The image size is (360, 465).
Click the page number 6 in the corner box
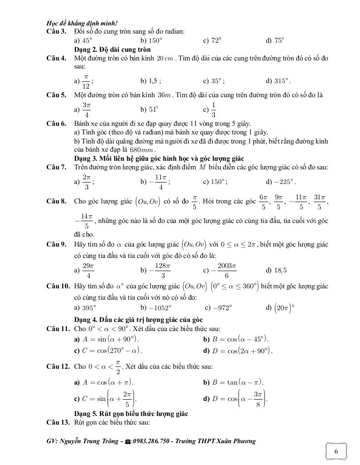(x=336, y=451)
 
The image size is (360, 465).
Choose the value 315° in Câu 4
(x=282, y=81)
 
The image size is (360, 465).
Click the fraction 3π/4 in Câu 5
(x=86, y=109)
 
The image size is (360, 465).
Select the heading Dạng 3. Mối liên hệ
(x=159, y=158)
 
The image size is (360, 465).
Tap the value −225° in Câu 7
(x=285, y=182)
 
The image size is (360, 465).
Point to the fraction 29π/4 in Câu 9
(x=88, y=270)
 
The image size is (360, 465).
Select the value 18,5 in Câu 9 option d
(x=280, y=270)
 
